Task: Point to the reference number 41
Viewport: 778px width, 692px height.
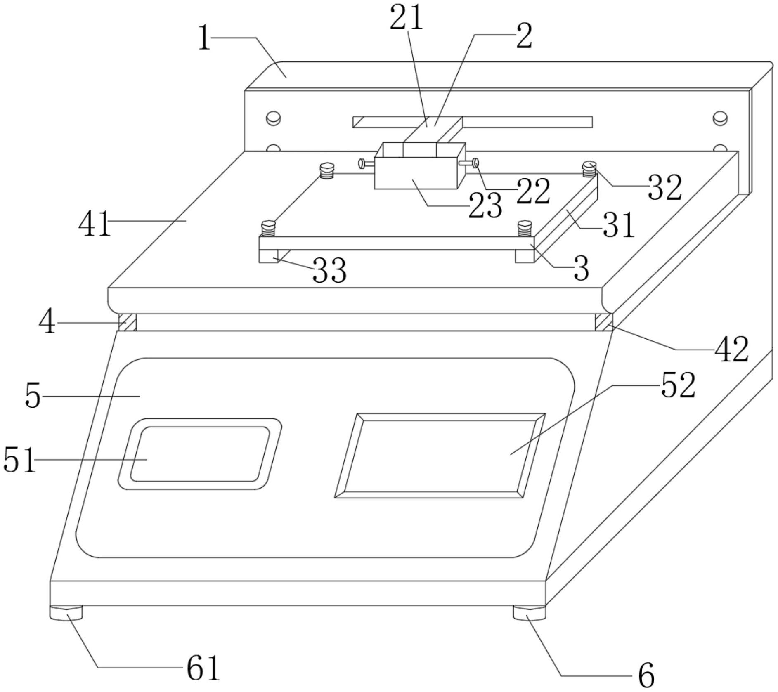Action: [95, 223]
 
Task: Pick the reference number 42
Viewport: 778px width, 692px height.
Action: [731, 350]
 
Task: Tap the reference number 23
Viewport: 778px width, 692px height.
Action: [485, 205]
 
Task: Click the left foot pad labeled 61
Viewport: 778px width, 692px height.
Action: [66, 612]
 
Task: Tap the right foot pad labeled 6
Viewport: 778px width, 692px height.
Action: [529, 612]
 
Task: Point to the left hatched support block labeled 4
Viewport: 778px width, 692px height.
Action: [127, 322]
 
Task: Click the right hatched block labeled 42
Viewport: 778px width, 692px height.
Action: [604, 322]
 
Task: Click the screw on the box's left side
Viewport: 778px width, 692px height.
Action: [363, 164]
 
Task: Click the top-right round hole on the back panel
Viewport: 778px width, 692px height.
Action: [720, 118]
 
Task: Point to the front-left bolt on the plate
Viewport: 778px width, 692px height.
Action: [268, 228]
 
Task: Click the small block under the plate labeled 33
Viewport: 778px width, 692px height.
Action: [268, 256]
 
